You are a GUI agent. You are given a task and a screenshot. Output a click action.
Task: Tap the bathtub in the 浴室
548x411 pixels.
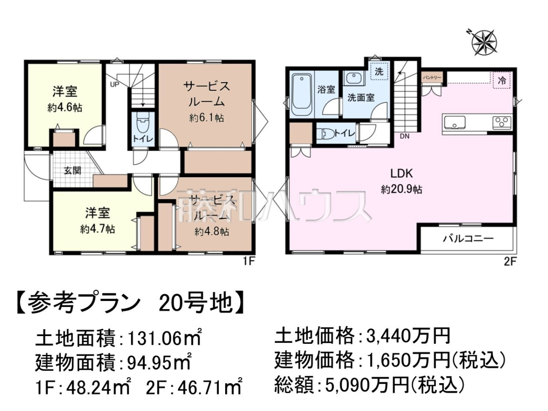(301, 94)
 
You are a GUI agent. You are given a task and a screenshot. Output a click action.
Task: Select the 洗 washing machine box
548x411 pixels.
(379, 71)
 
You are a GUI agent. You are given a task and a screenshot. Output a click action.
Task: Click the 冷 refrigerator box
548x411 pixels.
(502, 80)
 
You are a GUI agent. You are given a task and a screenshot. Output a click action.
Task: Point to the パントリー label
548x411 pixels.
(432, 78)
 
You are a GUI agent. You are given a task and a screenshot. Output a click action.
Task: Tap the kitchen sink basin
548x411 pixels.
(453, 123)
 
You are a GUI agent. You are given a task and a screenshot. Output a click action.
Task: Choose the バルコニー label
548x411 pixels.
(469, 239)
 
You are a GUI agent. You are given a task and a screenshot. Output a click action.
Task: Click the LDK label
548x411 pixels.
(401, 174)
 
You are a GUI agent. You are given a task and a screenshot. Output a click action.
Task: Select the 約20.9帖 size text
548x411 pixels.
(401, 190)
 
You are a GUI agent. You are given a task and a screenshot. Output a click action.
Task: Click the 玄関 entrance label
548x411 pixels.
(73, 171)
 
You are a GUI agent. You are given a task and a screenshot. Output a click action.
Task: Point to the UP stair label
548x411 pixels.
(115, 84)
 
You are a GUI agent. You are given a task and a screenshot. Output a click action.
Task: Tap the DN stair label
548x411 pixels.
(405, 136)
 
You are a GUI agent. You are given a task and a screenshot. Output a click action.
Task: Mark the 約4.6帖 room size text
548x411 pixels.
(65, 108)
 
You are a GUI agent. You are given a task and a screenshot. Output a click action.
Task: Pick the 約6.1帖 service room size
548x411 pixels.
(206, 117)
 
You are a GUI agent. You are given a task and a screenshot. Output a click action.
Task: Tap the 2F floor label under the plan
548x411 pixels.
(510, 262)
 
